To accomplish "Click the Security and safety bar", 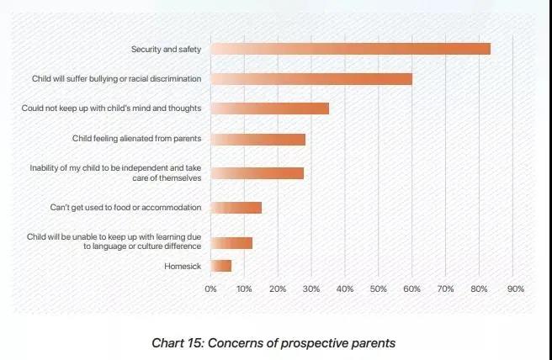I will [x=350, y=49].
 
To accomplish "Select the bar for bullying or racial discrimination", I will [x=311, y=78].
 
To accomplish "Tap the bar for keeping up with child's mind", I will [x=269, y=109].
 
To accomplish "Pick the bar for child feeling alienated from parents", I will [x=257, y=140].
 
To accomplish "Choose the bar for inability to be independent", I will [x=257, y=173].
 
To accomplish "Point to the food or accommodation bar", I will [x=236, y=207].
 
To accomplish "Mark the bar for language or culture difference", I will [x=231, y=243].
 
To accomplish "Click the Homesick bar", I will [x=220, y=266].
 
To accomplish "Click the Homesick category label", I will [x=186, y=267].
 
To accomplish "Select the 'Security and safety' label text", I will [x=167, y=50].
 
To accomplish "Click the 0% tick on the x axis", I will [x=211, y=289].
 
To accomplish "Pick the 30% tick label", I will [x=311, y=289].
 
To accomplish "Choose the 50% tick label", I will [x=379, y=289].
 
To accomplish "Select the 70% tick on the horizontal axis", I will [x=446, y=289].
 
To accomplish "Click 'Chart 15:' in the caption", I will [x=177, y=343].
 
